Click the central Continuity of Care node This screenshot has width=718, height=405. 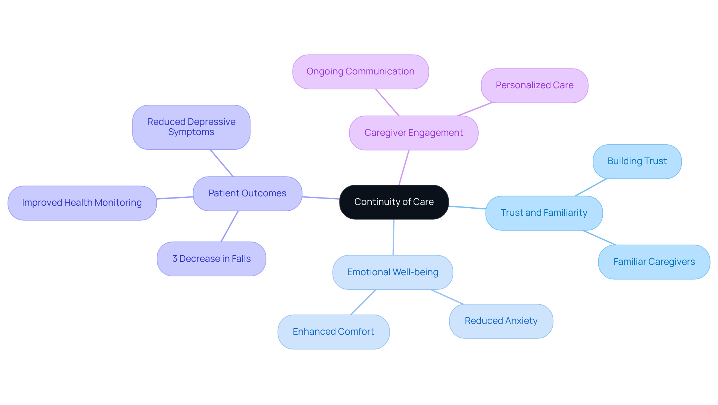(x=394, y=202)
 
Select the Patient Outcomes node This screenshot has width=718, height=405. (x=247, y=193)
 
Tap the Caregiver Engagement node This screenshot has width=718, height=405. (x=414, y=133)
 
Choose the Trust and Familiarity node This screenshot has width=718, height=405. (x=544, y=213)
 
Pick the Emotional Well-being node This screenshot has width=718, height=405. (x=393, y=272)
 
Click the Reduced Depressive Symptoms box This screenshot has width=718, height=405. (x=191, y=127)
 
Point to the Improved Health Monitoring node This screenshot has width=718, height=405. (x=82, y=203)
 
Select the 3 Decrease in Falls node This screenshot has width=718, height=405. (x=211, y=259)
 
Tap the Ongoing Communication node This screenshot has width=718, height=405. (x=360, y=71)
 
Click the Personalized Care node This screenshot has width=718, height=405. (x=534, y=85)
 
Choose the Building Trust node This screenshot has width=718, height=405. (x=637, y=161)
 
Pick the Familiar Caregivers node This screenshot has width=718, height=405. (x=654, y=262)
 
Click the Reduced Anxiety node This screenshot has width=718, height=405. (x=501, y=321)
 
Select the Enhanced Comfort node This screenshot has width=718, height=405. (x=333, y=332)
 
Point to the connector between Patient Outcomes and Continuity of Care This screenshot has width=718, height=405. (x=320, y=198)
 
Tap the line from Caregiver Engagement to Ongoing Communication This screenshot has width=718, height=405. (x=387, y=102)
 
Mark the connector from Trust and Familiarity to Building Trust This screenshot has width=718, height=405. (x=591, y=187)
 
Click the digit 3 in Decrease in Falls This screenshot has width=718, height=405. (x=175, y=259)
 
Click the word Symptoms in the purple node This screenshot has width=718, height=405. (x=191, y=132)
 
